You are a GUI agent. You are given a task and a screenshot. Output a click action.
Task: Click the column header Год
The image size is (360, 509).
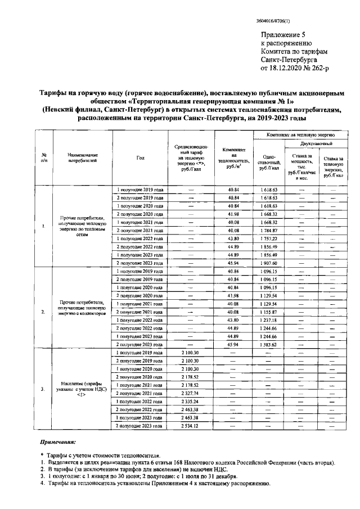pos(140,158)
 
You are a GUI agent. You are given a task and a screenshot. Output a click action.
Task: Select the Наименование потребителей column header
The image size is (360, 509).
pos(83,157)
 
